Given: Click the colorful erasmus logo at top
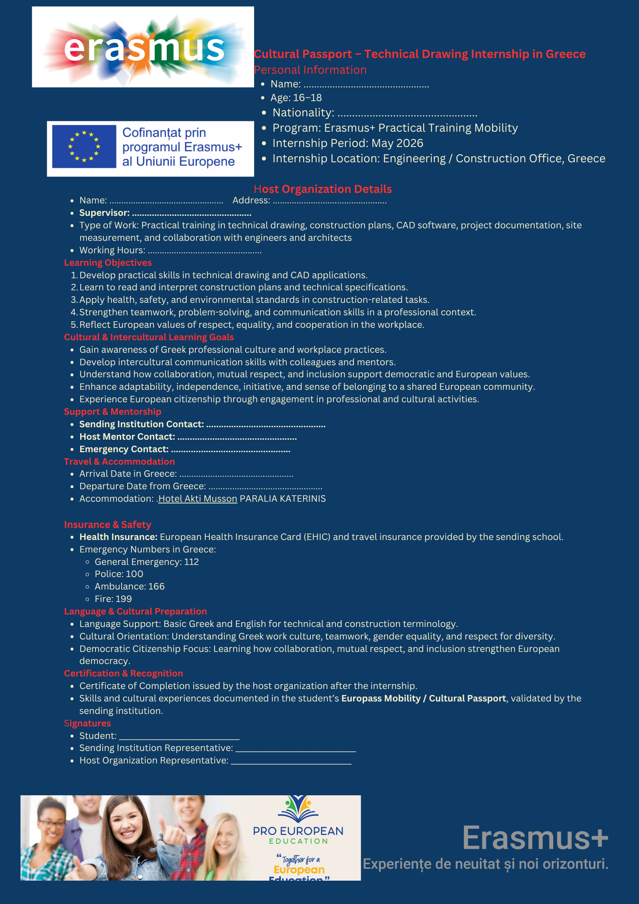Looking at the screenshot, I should coord(143,47).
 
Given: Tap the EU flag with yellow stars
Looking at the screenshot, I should coord(84,147).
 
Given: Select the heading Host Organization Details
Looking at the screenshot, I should coord(323,189).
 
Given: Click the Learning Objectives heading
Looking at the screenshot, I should coord(108,263).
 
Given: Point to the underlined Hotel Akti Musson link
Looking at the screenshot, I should coord(198,499).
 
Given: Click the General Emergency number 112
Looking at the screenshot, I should coord(192,562).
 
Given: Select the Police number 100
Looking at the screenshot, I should coord(134,574).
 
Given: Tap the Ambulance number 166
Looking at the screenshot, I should coord(157,587).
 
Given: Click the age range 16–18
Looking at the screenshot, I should coord(308,98).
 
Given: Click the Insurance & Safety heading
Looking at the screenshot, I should coord(108,525).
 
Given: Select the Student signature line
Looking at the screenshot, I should coord(179,737).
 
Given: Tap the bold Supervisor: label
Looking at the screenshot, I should coord(104,213).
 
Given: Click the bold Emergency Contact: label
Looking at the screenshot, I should coord(124,449).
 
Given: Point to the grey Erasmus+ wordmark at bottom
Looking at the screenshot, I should coord(535,838).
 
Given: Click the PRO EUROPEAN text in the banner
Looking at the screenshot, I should coord(298,831).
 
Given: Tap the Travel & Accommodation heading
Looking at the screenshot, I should coord(119,462).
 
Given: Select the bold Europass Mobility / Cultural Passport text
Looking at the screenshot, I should coord(424,699).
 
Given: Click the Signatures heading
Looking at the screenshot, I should coord(87,724).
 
